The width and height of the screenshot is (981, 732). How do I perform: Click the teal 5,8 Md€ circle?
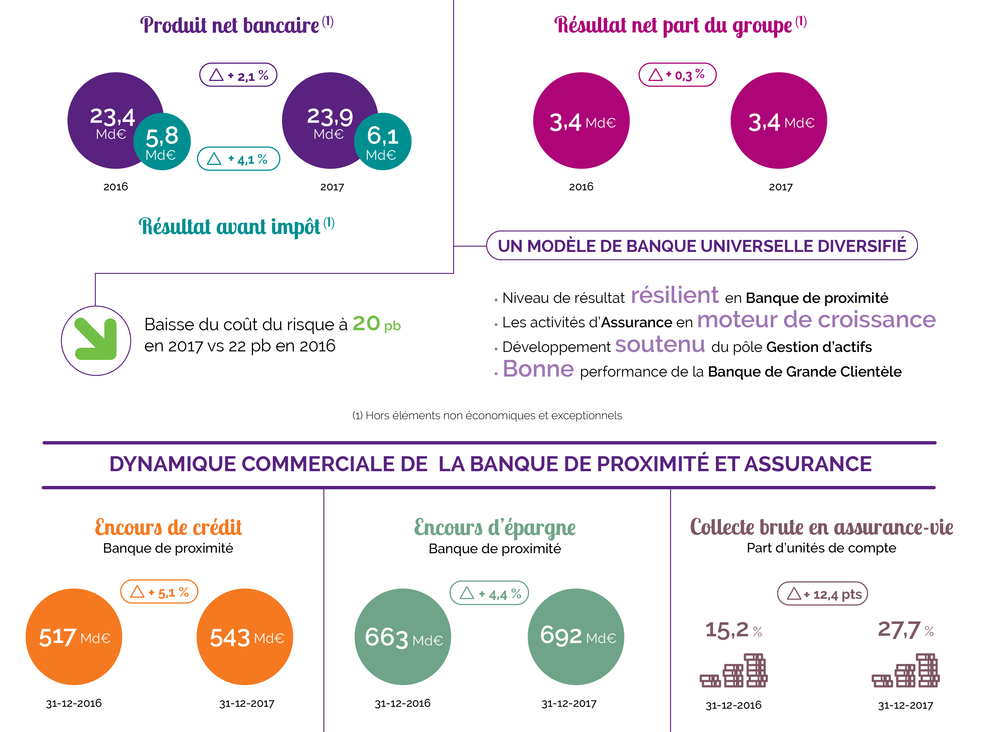point(162,141)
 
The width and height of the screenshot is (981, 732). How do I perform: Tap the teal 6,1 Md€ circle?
point(383,141)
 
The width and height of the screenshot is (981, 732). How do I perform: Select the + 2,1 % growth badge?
point(238,75)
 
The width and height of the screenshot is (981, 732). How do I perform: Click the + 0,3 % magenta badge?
point(678,75)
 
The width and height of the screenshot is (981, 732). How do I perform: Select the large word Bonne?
point(538,369)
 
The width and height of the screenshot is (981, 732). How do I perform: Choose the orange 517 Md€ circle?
point(74,637)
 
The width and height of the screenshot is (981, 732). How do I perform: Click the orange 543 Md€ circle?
point(245,637)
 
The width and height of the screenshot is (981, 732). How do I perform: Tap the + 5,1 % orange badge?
point(159,592)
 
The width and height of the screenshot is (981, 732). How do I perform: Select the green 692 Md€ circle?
point(576,637)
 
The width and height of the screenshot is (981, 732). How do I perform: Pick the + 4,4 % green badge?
point(489,593)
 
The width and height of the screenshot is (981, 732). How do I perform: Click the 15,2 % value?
point(733,630)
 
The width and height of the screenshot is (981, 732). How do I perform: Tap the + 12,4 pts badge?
point(822,594)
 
